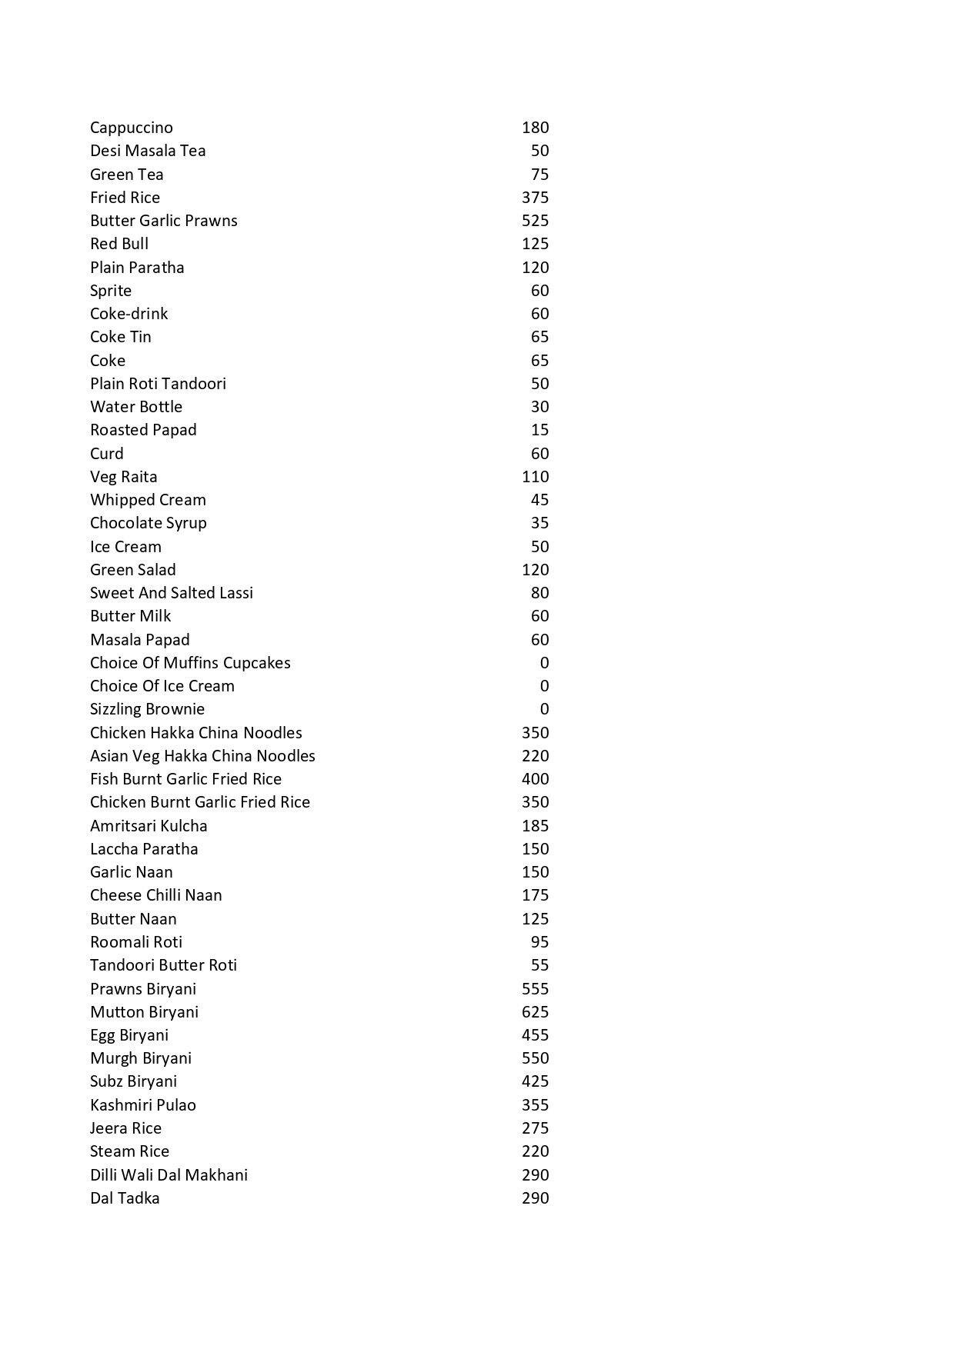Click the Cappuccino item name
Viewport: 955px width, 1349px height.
coord(132,128)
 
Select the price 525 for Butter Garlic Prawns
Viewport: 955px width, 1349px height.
coord(535,221)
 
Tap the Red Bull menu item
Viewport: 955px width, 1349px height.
coord(119,244)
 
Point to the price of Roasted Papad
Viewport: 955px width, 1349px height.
coord(539,430)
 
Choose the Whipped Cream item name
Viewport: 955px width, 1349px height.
coord(148,500)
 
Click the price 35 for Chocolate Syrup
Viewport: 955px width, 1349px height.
coord(539,523)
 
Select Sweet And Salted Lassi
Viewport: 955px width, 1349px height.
coord(172,593)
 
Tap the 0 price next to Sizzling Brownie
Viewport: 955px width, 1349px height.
coord(544,709)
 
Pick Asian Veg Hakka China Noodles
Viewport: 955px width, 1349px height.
coord(202,756)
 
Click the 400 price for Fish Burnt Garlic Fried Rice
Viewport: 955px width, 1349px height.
coord(535,779)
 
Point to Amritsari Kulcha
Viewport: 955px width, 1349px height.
coord(149,826)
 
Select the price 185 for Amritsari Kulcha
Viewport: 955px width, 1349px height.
coord(535,826)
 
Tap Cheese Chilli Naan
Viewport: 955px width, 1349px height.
coord(156,895)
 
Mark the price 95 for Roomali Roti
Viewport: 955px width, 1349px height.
coord(539,942)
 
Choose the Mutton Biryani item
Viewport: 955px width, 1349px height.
coord(144,1012)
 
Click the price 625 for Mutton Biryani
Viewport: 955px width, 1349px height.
coord(535,1012)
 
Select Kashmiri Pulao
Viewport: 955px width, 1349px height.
coord(143,1105)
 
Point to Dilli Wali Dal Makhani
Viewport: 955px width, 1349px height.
coord(169,1175)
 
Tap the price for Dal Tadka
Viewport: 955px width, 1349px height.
coord(535,1198)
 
